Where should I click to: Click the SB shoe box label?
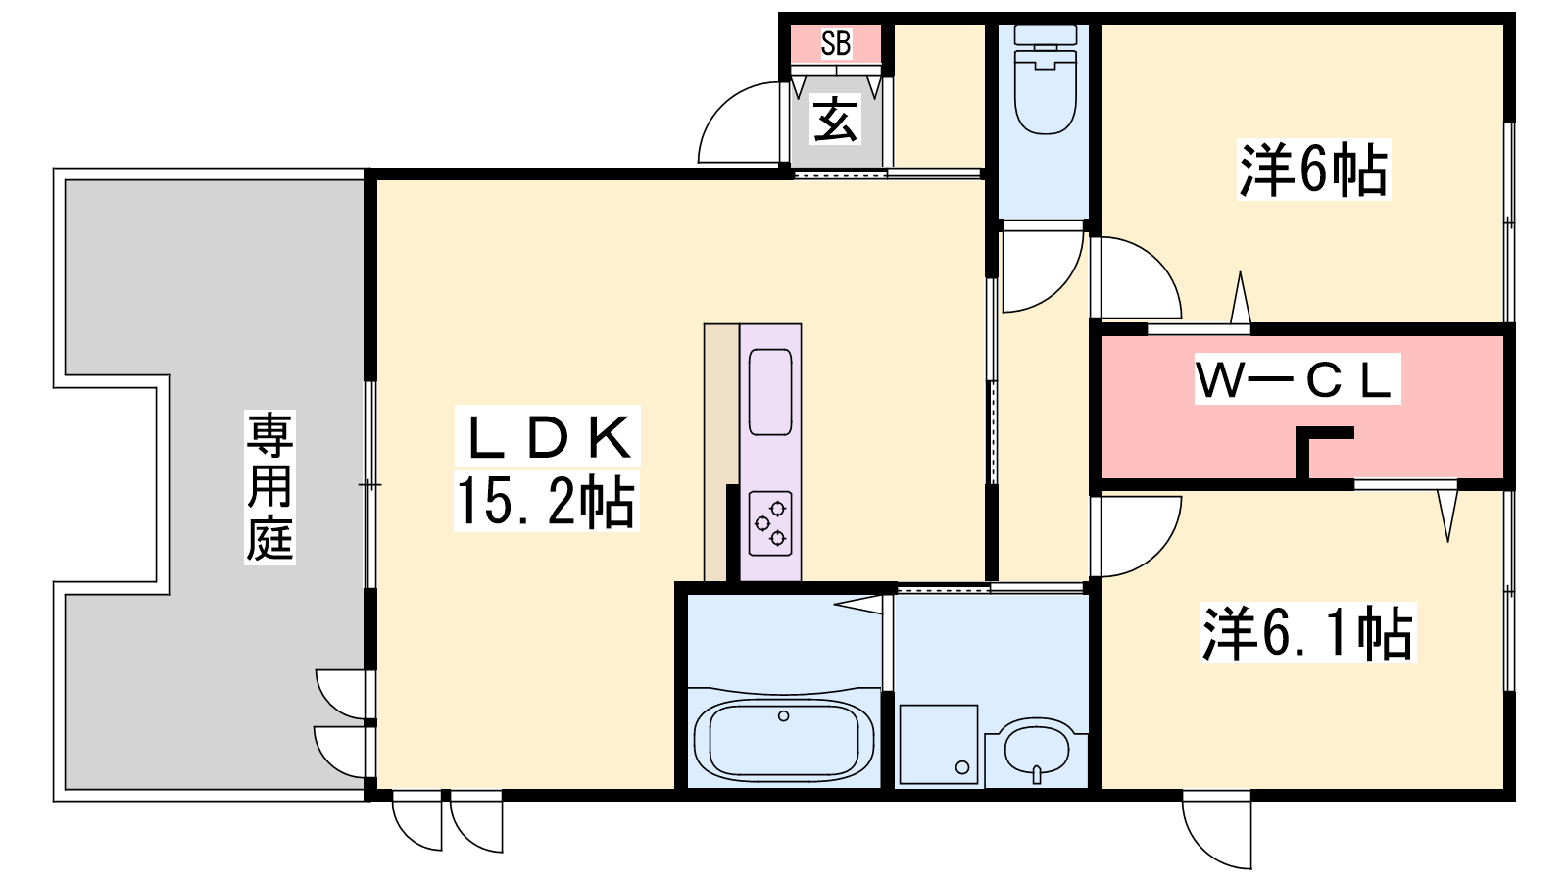point(836,43)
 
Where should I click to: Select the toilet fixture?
point(1045,79)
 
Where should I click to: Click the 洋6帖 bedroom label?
point(1313,171)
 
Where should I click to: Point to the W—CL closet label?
point(1298,379)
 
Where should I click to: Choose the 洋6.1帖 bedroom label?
point(1307,633)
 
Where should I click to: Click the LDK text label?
point(548,437)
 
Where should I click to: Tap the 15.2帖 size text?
point(546,501)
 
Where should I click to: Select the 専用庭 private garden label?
point(270,487)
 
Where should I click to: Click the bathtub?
point(784,741)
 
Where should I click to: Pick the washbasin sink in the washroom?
point(1037,751)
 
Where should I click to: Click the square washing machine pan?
point(939,744)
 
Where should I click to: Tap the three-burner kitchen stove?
point(770,523)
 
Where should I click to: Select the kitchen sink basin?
point(770,392)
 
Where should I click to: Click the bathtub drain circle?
point(784,716)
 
